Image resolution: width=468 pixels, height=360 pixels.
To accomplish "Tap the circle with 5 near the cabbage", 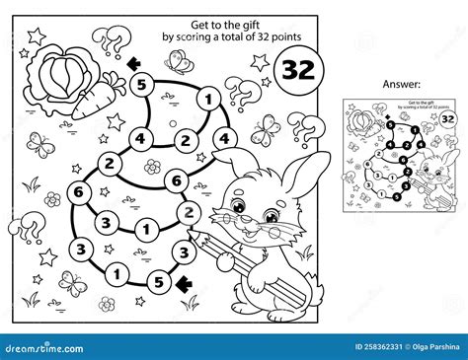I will tap(140, 85).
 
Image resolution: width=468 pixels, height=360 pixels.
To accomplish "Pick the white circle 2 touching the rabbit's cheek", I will tap(184, 210).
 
